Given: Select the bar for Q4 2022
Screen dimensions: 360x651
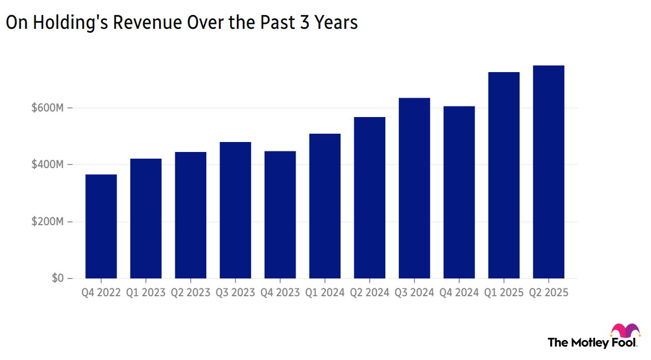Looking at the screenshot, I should pyautogui.click(x=101, y=226).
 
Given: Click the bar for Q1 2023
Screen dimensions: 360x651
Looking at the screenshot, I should pyautogui.click(x=146, y=219).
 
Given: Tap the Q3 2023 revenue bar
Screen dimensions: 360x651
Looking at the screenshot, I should pyautogui.click(x=235, y=210).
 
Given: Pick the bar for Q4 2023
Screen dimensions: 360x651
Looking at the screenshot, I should pyautogui.click(x=280, y=215).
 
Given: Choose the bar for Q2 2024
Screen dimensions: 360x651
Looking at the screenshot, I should pyautogui.click(x=369, y=197).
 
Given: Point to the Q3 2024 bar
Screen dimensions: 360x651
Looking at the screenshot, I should pyautogui.click(x=414, y=188).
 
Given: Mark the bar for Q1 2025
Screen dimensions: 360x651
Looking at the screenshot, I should pyautogui.click(x=503, y=175).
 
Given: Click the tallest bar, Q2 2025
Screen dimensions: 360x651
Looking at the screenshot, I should pyautogui.click(x=548, y=172).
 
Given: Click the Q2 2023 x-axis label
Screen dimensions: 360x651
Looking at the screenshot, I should pyautogui.click(x=190, y=293).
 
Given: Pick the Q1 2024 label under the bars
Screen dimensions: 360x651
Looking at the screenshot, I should pyautogui.click(x=325, y=293).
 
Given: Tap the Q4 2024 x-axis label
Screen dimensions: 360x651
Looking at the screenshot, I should pyautogui.click(x=459, y=293).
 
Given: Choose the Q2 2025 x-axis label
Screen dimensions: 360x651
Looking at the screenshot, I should pyautogui.click(x=548, y=293).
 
